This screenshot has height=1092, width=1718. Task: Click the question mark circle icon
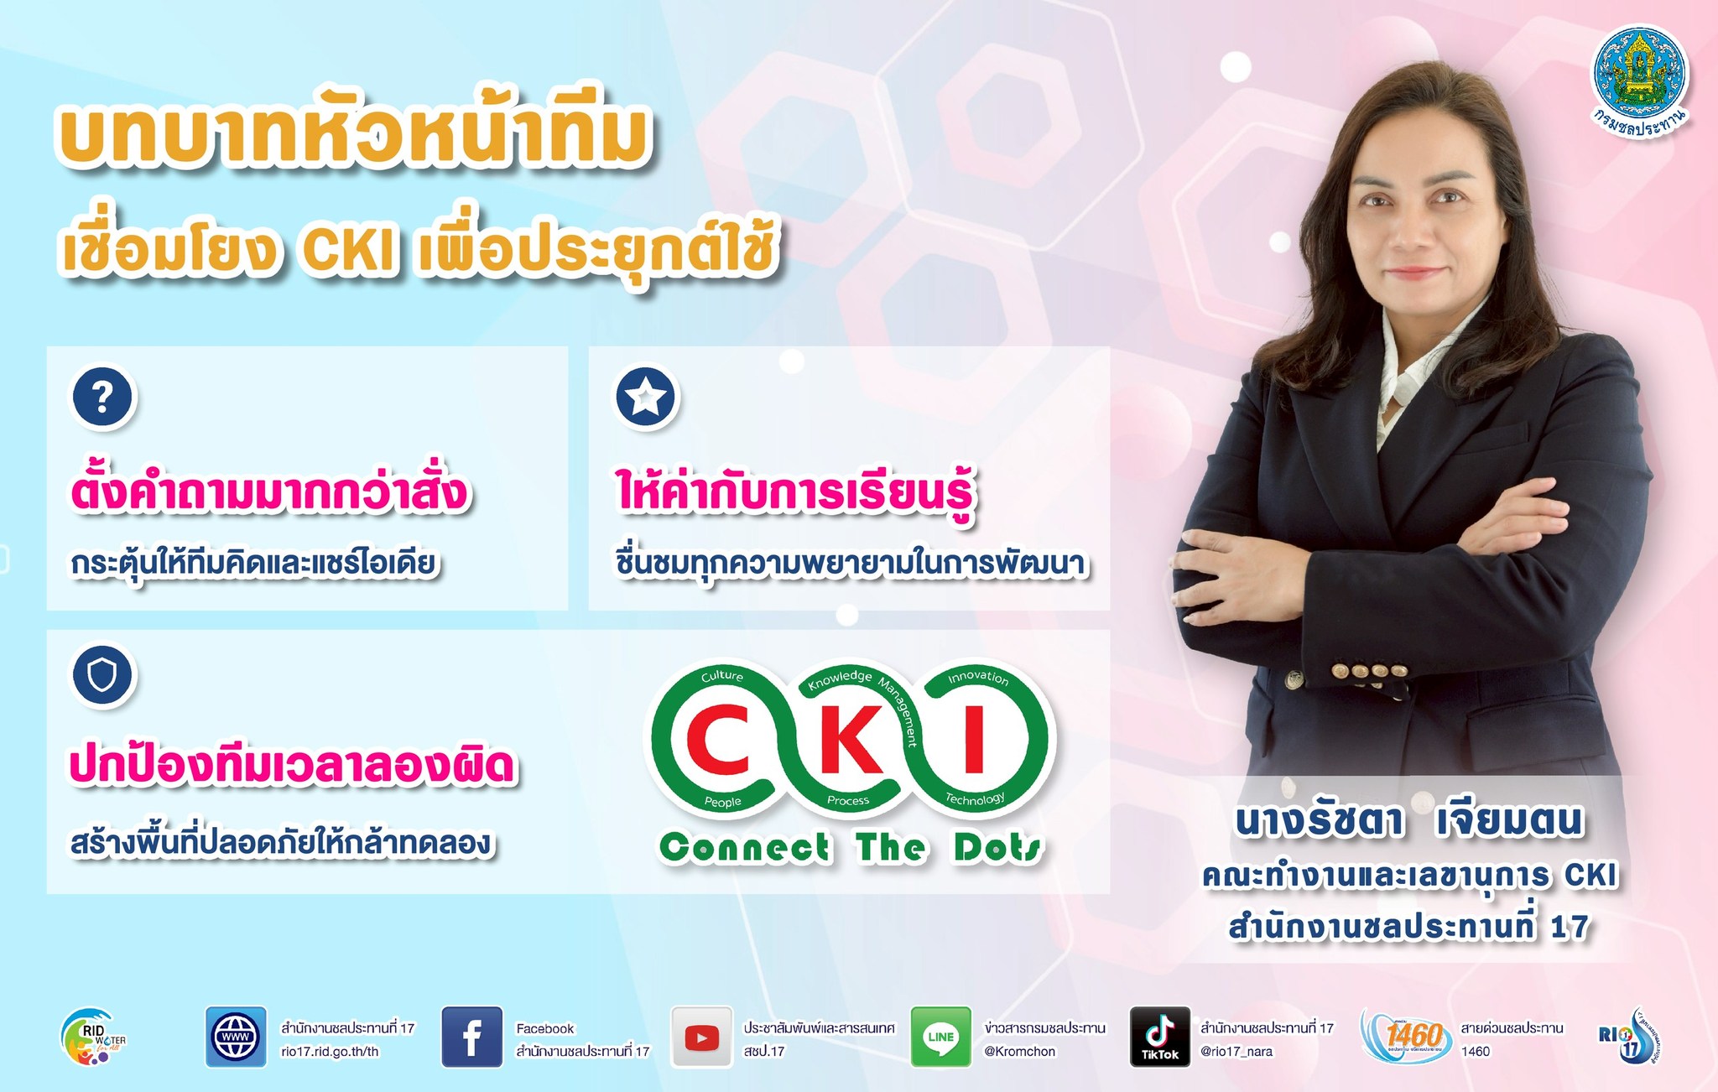pyautogui.click(x=102, y=396)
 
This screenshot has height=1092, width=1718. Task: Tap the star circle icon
pyautogui.click(x=646, y=396)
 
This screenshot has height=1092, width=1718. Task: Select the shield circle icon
pyautogui.click(x=102, y=675)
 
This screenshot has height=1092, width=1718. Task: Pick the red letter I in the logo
pyautogui.click(x=974, y=739)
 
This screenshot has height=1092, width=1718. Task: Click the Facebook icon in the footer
pyautogui.click(x=472, y=1037)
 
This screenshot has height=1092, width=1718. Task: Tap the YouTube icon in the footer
pyautogui.click(x=701, y=1037)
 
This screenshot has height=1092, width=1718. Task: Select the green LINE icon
pyautogui.click(x=940, y=1037)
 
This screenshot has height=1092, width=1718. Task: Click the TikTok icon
pyautogui.click(x=1160, y=1037)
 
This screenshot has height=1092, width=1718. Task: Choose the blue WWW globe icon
pyautogui.click(x=236, y=1037)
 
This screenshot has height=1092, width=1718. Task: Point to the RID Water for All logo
pyautogui.click(x=92, y=1037)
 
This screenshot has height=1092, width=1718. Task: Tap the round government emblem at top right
pyautogui.click(x=1641, y=81)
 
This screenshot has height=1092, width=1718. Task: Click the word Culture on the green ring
pyautogui.click(x=722, y=676)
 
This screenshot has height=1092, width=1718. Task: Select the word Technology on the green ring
pyautogui.click(x=975, y=798)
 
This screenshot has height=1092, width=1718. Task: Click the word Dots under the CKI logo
pyautogui.click(x=998, y=847)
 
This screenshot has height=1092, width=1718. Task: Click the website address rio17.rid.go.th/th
pyautogui.click(x=330, y=1052)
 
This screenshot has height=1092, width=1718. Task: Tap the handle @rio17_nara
pyautogui.click(x=1236, y=1052)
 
